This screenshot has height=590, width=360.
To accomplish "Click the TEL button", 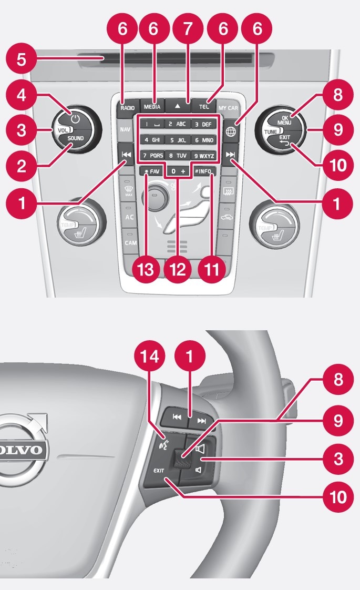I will (x=204, y=107).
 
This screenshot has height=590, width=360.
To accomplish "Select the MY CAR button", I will (x=229, y=108).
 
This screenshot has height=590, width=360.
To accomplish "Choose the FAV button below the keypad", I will (x=151, y=171).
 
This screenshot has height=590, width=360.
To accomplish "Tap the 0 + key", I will (x=177, y=171).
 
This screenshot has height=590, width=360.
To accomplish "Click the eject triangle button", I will (x=178, y=106).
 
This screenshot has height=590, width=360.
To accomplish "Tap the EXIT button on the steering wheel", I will (x=159, y=471).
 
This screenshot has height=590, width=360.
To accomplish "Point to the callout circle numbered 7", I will (x=188, y=29).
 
